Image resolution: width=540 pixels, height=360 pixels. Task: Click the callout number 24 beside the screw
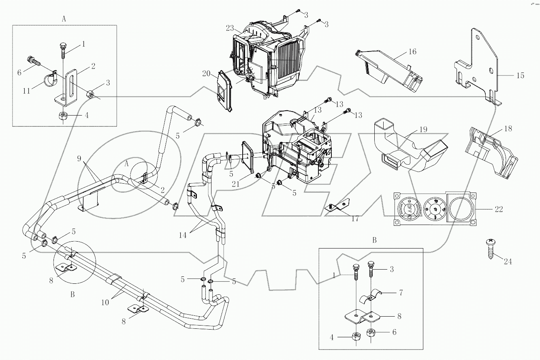(508, 262)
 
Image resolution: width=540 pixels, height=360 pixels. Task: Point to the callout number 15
(520, 75)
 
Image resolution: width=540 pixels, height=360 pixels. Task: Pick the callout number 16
(412, 52)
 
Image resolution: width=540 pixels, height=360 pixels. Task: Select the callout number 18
(508, 129)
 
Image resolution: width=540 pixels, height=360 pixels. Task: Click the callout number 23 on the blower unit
(230, 28)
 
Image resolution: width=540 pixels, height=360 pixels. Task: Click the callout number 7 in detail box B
(401, 292)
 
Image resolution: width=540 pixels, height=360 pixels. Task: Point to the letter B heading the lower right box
(374, 240)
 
